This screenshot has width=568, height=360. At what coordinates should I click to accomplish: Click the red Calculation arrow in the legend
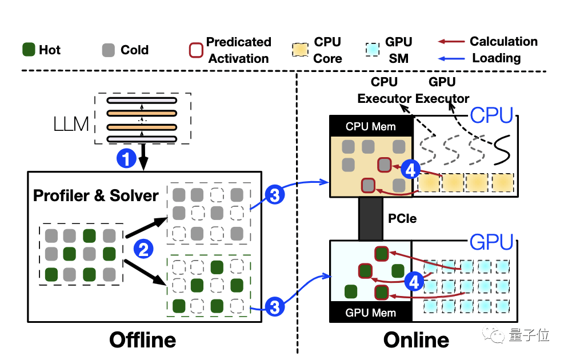[451, 42]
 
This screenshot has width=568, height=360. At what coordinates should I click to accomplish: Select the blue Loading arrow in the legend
[451, 58]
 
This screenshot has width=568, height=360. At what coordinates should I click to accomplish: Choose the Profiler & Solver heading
[95, 195]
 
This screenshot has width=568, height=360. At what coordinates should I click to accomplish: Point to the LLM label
[71, 124]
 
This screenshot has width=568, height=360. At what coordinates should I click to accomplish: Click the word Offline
[142, 340]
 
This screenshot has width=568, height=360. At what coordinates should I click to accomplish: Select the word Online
[416, 340]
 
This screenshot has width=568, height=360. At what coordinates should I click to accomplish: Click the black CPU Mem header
[371, 126]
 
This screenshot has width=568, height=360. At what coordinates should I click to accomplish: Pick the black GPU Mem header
[371, 313]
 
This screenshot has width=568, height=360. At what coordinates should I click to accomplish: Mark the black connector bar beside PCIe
[370, 219]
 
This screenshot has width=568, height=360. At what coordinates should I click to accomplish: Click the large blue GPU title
[491, 243]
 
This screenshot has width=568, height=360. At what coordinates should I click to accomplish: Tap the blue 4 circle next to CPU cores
[411, 169]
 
